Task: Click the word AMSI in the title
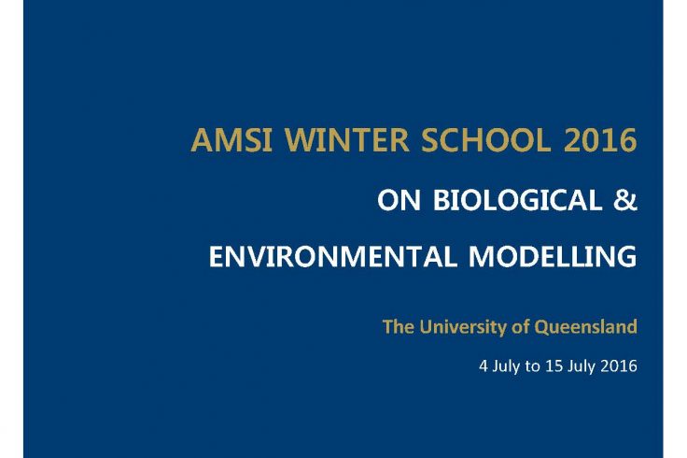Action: (231, 140)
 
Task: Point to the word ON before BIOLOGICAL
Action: (399, 200)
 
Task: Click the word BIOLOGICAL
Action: (517, 200)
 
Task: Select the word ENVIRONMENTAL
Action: (333, 256)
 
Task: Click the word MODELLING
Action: (553, 256)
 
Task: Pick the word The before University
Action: (398, 327)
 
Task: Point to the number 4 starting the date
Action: (484, 365)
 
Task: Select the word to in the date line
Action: (532, 366)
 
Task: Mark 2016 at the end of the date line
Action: (619, 365)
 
